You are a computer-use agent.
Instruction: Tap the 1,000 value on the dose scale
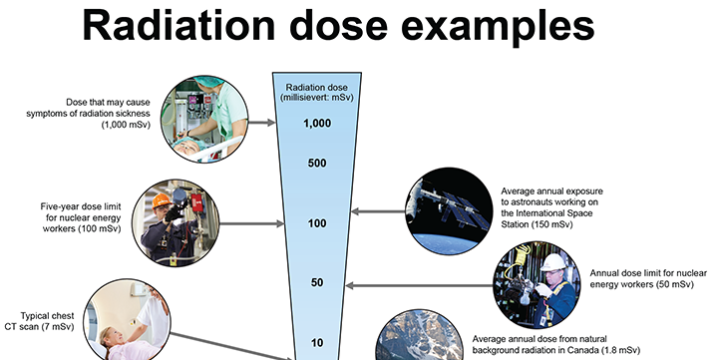coord(317,124)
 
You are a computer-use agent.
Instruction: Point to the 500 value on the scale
coord(317,163)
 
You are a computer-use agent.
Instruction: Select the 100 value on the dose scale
coord(317,223)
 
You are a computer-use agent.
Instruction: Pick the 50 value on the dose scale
coord(317,282)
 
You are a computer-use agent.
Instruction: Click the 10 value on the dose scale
coord(317,343)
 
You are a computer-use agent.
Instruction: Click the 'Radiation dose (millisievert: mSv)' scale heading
coord(317,93)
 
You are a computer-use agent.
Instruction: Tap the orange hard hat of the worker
coord(162,200)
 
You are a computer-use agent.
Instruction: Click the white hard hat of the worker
coord(553,262)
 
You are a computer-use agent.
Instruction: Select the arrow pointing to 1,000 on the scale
coord(261,123)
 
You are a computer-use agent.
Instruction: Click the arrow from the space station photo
coord(378,211)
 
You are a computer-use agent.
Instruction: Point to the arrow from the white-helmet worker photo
coord(419,285)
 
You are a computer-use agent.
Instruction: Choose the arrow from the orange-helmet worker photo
coord(251,224)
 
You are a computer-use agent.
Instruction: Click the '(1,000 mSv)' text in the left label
coord(126,125)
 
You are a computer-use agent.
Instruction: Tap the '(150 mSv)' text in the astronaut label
coord(552,225)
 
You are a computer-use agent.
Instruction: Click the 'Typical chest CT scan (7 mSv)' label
coord(40,321)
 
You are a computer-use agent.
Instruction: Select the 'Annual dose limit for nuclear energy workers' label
coord(648,278)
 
